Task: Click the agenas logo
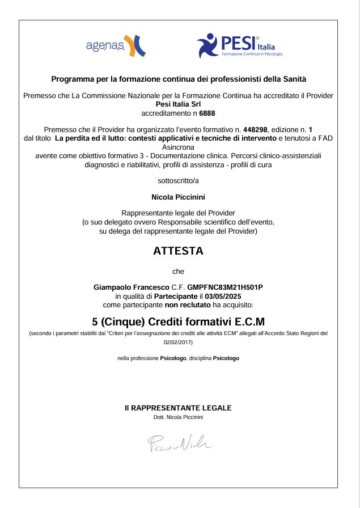click(115, 46)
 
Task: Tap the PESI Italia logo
click(239, 45)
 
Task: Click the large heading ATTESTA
click(178, 251)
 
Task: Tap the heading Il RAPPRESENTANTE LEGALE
click(178, 408)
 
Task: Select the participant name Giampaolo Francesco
click(130, 287)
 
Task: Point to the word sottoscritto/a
click(178, 181)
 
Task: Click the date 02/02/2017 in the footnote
click(178, 342)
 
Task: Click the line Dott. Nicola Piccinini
click(178, 417)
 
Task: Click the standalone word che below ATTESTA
click(178, 271)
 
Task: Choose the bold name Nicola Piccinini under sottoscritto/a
click(178, 197)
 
